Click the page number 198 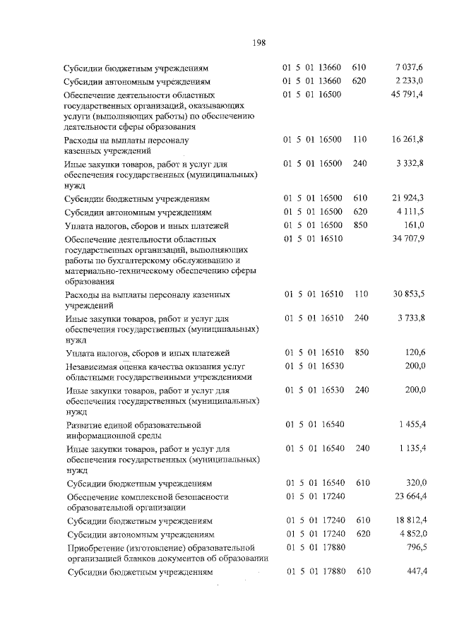pos(258,43)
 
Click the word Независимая pos(92,365)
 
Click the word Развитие pos(83,425)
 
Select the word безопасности pos(201,497)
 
